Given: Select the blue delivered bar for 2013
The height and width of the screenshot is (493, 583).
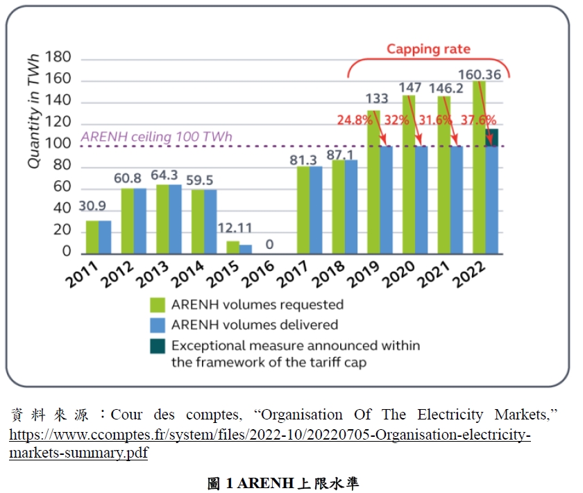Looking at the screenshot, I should pos(175,218).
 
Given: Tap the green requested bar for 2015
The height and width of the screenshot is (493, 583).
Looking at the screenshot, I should pos(233,247).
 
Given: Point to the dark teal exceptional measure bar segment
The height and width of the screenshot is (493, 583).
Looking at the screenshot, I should pos(492,137).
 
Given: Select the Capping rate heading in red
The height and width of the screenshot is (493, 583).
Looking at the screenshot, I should pos(428,49).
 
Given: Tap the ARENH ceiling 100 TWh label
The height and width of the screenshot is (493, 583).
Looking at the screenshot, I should pos(156,137).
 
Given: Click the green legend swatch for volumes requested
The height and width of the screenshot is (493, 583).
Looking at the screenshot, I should pos(158,305).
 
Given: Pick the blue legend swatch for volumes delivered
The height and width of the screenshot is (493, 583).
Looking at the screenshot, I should pos(158,325).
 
